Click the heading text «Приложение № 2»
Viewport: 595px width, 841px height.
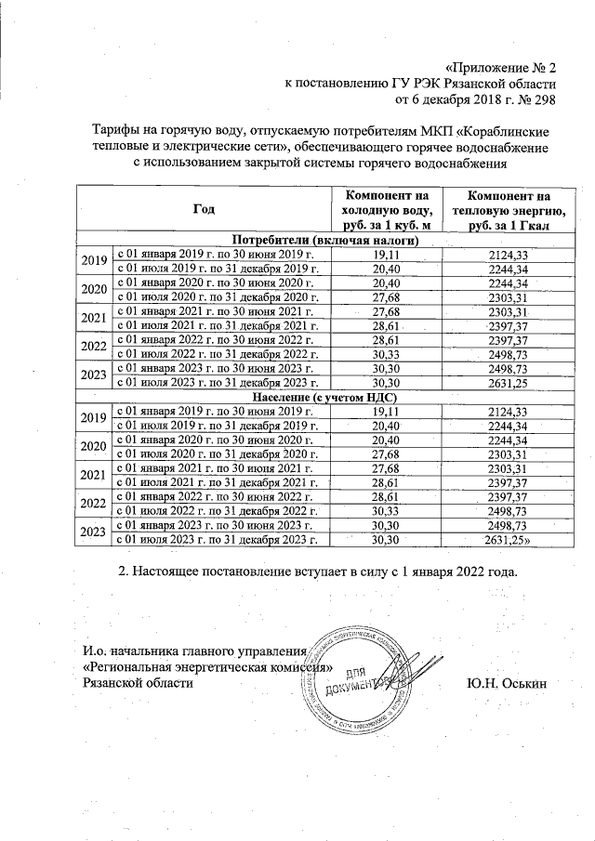[501, 68]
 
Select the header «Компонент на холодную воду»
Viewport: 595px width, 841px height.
[386, 210]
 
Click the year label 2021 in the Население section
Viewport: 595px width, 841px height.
[93, 476]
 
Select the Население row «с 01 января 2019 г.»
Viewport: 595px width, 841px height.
[220, 413]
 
